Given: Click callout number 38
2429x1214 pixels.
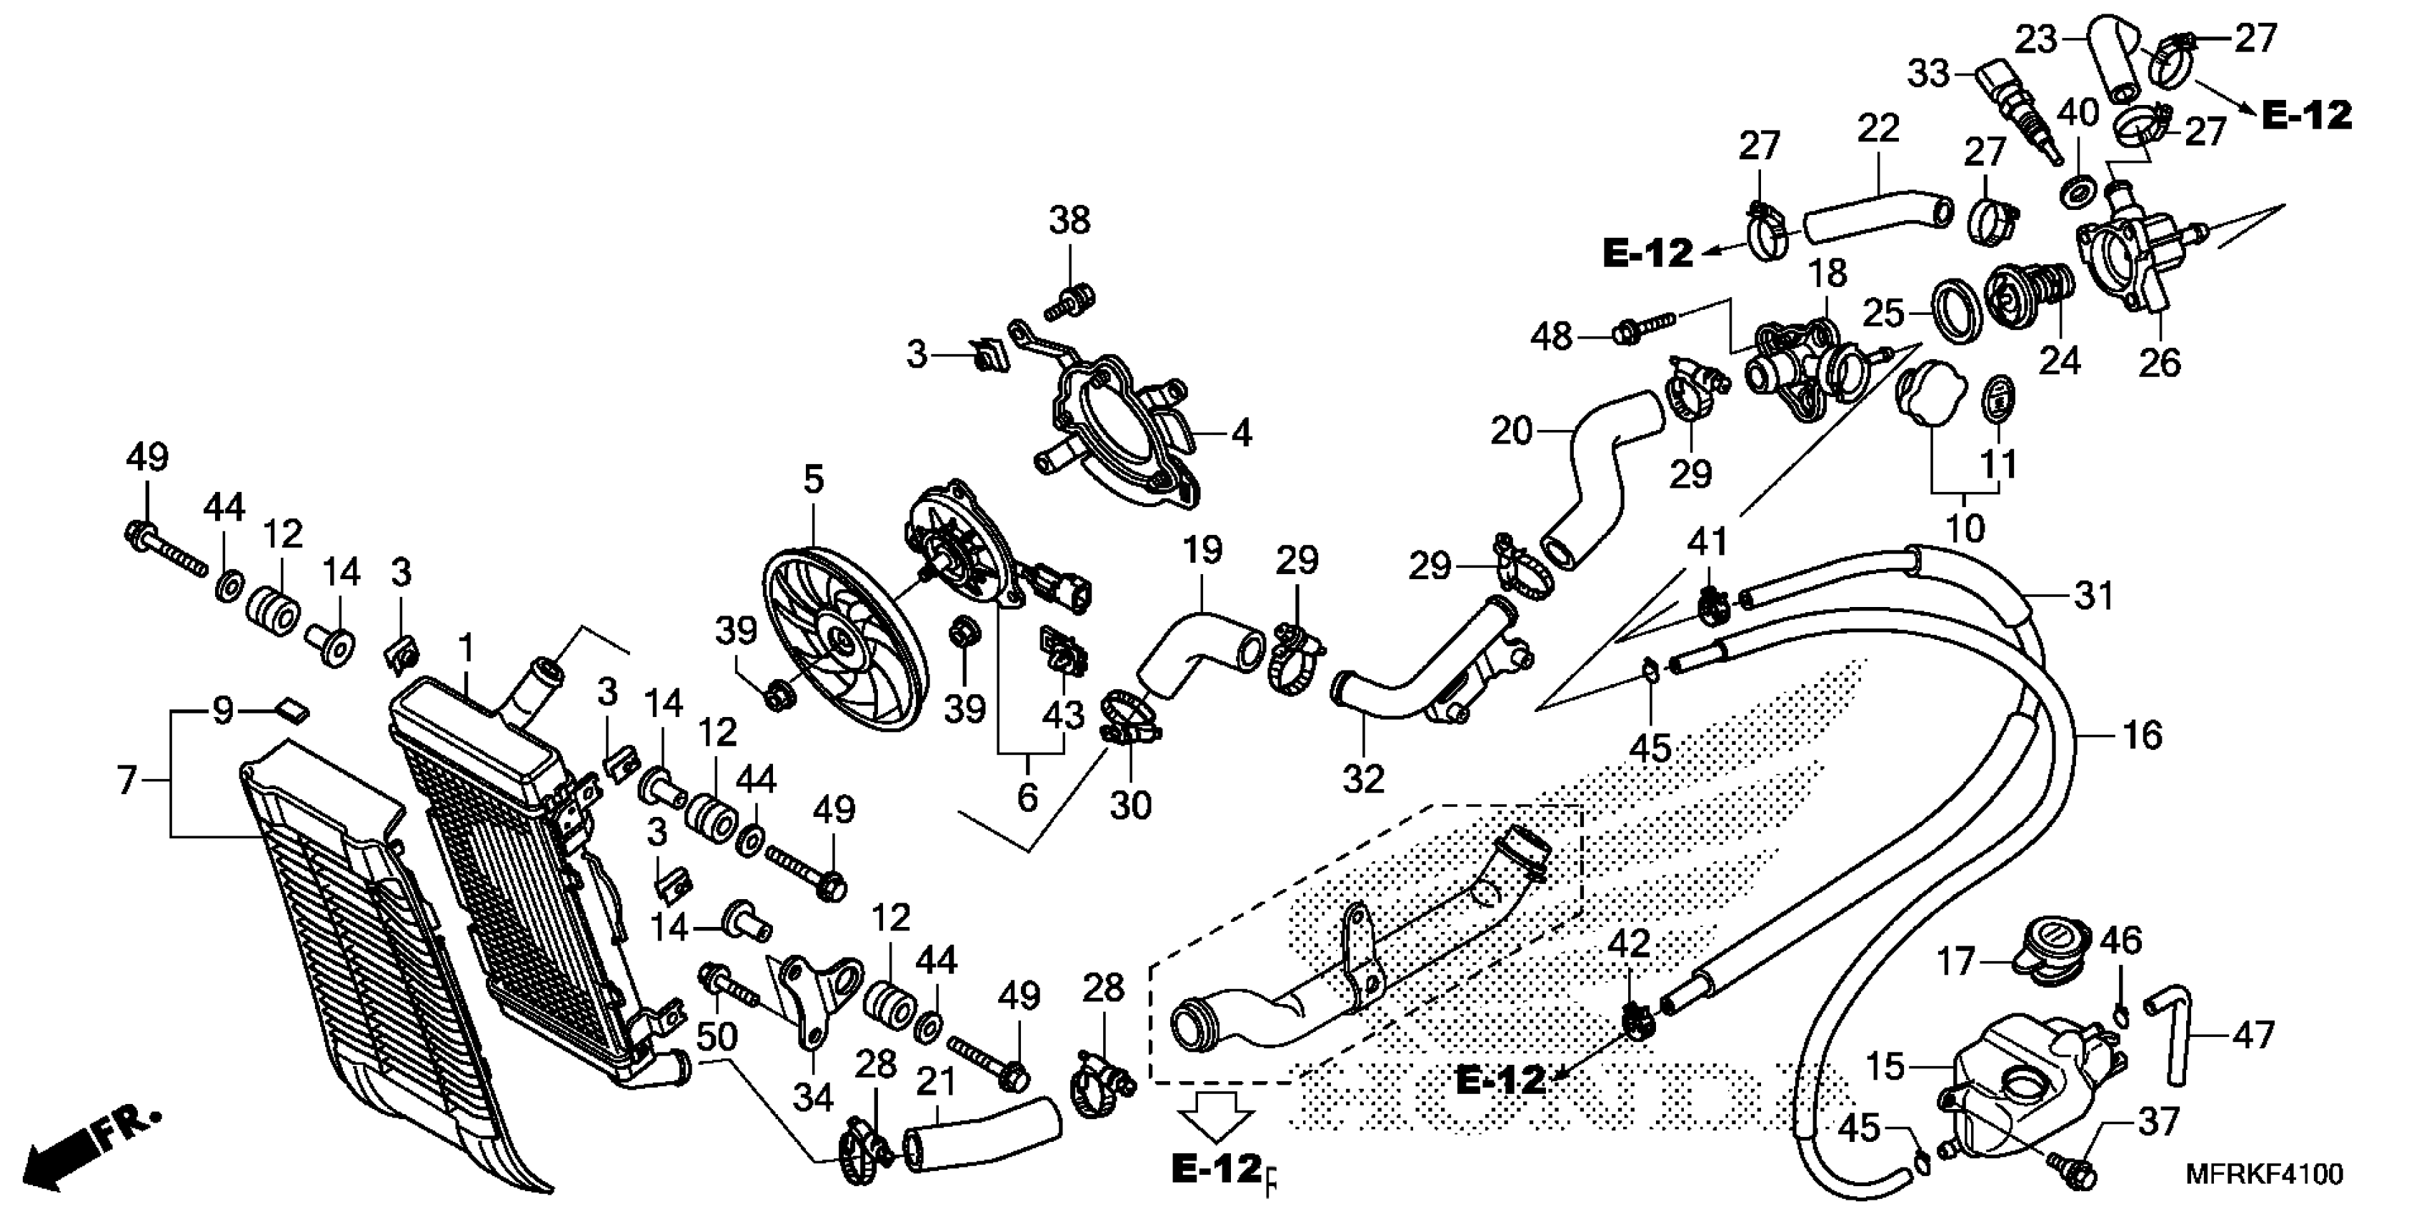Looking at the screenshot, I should [x=1069, y=221].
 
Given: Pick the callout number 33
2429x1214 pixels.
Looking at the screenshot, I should [x=1929, y=73].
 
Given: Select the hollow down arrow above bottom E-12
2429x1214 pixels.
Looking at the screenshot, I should [x=1217, y=1117].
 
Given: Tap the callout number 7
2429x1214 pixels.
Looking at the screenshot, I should [x=127, y=781].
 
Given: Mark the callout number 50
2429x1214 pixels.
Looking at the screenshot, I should [x=717, y=1037].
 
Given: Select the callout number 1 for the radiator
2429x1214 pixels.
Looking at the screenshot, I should [x=465, y=648].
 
